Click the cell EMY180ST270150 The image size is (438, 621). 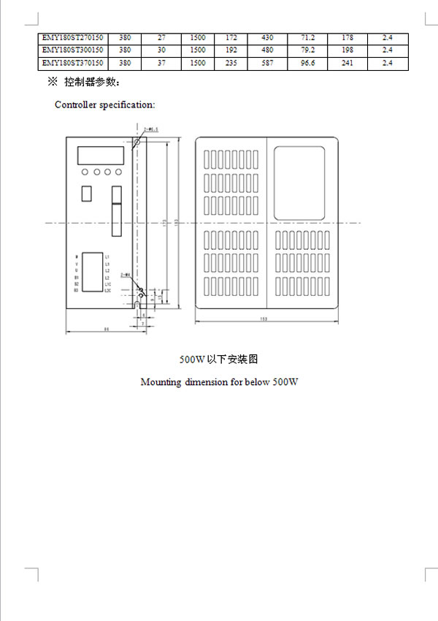[73, 37]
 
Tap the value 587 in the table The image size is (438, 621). [267, 64]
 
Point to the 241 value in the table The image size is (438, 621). [347, 64]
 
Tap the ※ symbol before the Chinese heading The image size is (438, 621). [52, 81]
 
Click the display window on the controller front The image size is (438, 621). [101, 155]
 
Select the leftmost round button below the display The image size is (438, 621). [85, 173]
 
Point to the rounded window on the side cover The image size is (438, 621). [299, 182]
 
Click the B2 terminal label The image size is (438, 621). [76, 284]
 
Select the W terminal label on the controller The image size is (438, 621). [77, 257]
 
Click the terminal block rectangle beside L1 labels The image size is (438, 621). [92, 273]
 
